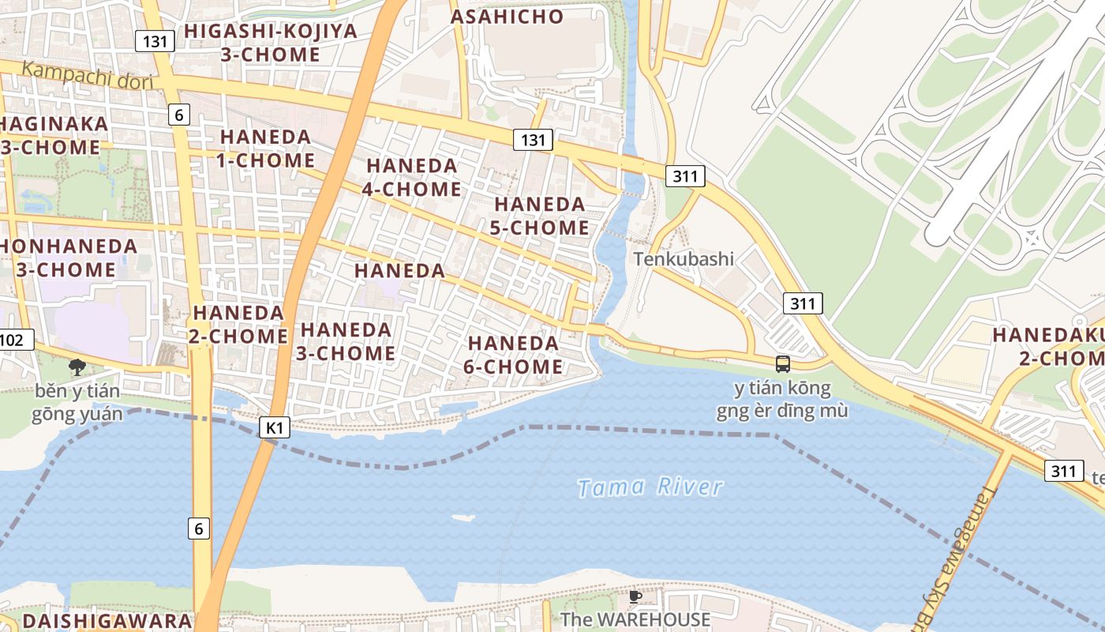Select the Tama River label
(650, 487)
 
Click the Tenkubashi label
(684, 259)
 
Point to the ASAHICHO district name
(508, 17)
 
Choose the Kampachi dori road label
(87, 76)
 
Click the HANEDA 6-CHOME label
(515, 355)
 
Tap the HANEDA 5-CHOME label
(541, 216)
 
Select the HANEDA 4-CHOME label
(412, 178)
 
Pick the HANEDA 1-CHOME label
(266, 149)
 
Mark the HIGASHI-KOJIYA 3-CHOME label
(271, 43)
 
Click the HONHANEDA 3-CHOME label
(67, 258)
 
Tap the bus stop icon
(783, 364)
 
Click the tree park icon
(77, 367)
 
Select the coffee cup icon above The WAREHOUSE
(635, 596)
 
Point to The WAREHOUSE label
(635, 619)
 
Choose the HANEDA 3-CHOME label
(346, 341)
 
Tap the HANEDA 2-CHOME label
(238, 325)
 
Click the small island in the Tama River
(464, 518)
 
